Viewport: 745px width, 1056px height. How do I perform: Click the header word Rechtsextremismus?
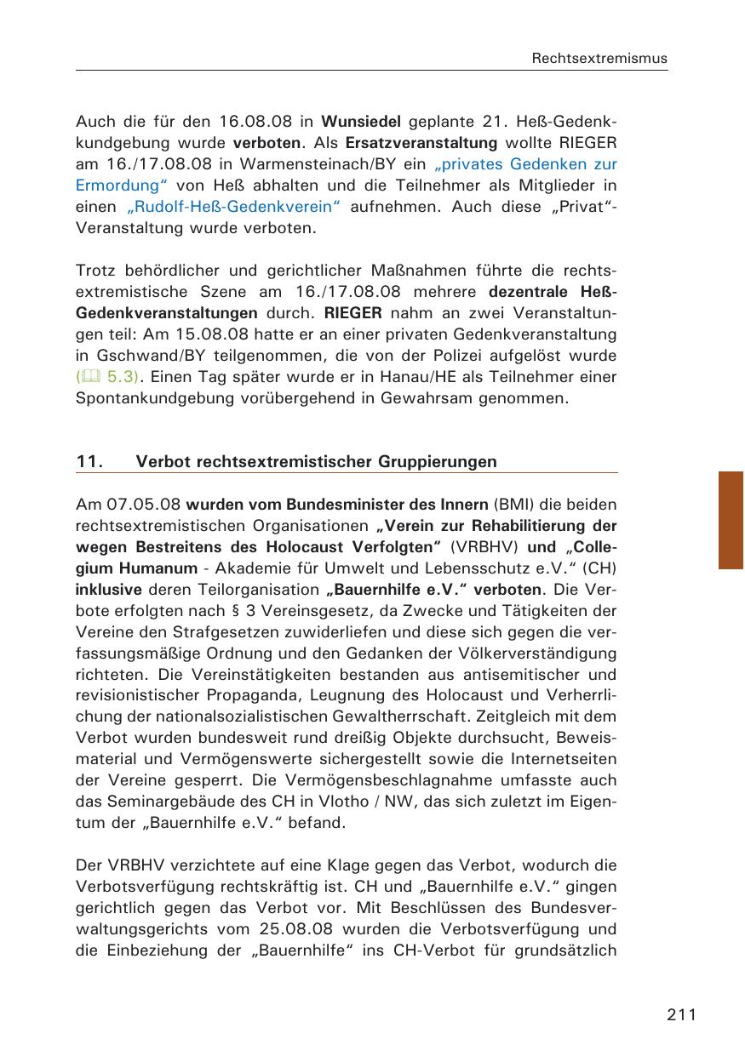pos(599,59)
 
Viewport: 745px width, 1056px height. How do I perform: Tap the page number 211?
pos(682,1014)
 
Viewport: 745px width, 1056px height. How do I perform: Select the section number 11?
pos(89,462)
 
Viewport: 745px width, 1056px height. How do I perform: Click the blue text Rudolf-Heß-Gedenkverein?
pos(235,207)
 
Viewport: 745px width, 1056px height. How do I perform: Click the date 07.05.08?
pos(138,504)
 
